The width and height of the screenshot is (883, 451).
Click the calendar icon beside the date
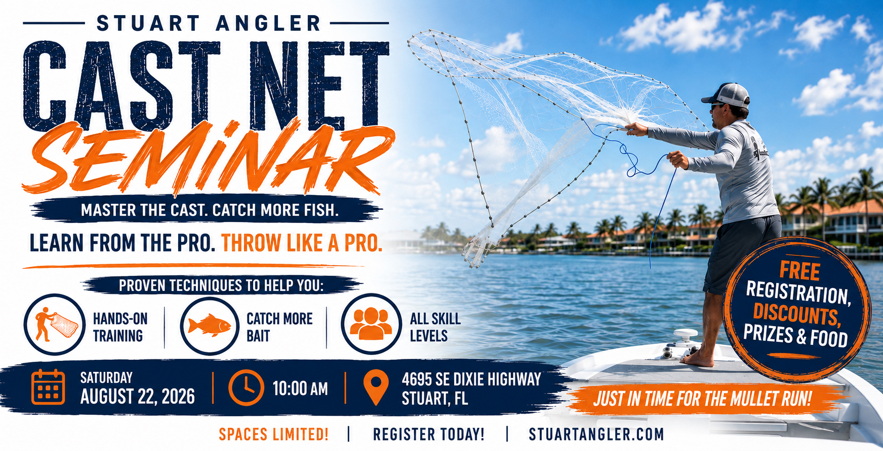48,387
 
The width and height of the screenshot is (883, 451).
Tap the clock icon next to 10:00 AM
246,388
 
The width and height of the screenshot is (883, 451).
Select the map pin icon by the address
376,387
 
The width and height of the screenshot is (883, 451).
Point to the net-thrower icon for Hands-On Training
55,325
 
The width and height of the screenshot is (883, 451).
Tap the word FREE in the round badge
800,271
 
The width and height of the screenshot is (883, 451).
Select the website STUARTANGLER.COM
596,434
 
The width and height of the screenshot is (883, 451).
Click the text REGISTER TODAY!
428,434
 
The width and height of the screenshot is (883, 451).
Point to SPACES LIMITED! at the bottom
273,434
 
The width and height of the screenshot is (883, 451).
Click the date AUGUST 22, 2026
137,397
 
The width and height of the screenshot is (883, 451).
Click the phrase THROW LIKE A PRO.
302,243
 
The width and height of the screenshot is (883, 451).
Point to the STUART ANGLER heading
208,23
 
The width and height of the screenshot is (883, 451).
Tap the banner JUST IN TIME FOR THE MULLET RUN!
703,399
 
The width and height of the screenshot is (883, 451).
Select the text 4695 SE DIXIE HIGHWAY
471,379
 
